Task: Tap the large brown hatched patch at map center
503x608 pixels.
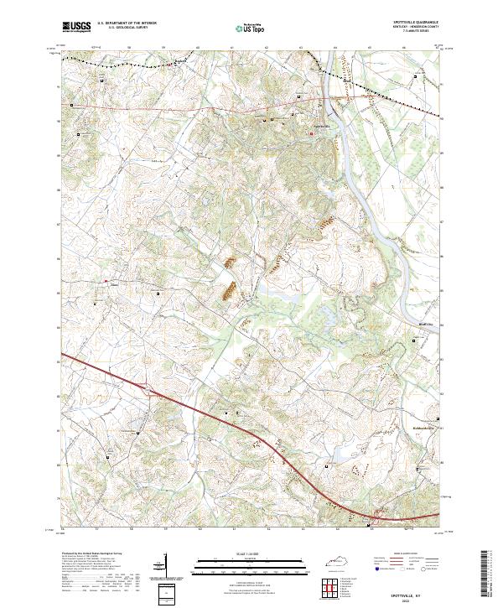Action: (226, 291)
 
